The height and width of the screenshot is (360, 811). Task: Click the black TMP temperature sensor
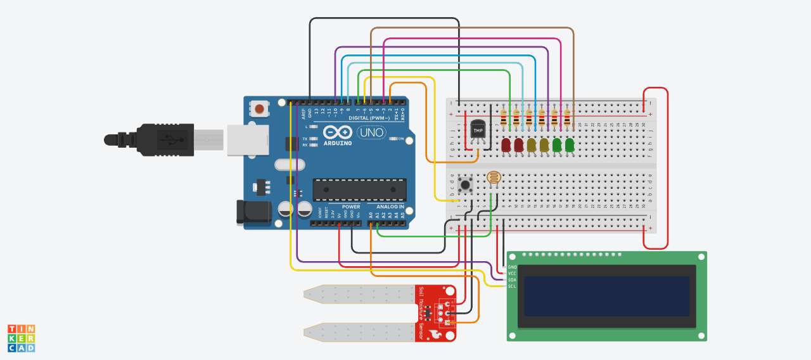(x=478, y=130)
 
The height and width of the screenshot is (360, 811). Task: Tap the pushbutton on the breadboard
(x=466, y=184)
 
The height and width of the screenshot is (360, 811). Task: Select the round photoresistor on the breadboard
(x=494, y=177)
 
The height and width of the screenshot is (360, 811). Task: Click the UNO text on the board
(x=371, y=133)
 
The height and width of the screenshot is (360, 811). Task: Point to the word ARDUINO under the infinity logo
(x=337, y=143)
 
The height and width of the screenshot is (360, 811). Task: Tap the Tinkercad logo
(x=21, y=338)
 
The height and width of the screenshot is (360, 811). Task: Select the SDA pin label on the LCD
(x=512, y=280)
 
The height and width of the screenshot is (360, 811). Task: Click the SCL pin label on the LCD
(x=512, y=286)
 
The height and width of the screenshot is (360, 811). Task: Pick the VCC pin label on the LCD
(x=512, y=273)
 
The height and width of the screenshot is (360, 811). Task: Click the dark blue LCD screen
(x=606, y=296)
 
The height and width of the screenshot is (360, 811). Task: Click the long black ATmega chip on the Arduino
(x=359, y=189)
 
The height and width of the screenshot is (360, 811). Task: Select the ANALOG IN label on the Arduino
(x=390, y=207)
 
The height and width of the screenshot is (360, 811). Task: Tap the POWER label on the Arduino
(x=351, y=207)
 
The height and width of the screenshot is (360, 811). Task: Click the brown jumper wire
(x=472, y=29)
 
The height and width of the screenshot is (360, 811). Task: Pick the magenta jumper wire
(x=472, y=39)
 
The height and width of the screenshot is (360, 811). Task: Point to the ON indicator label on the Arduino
(x=401, y=138)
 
